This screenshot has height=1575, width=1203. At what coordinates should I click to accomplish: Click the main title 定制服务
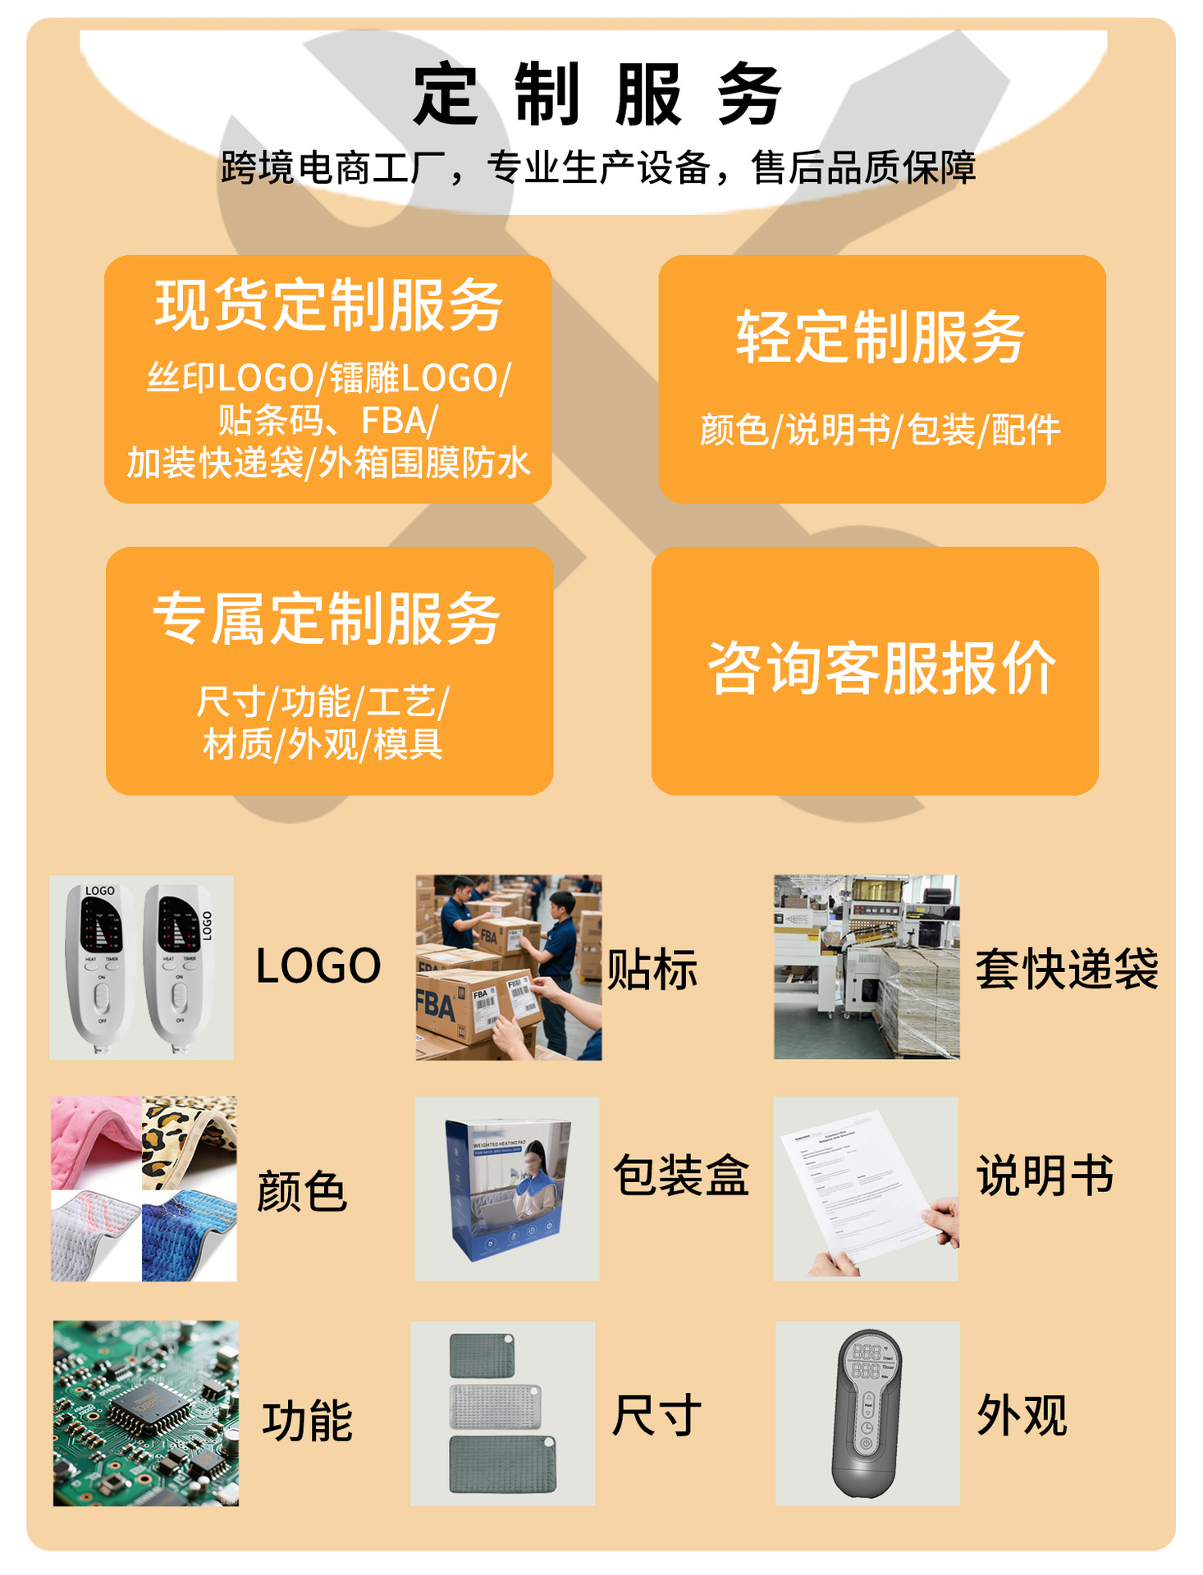pyautogui.click(x=597, y=94)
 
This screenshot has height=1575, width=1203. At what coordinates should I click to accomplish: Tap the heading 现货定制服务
pyautogui.click(x=328, y=305)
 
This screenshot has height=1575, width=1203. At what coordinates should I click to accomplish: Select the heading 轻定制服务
pyautogui.click(x=881, y=336)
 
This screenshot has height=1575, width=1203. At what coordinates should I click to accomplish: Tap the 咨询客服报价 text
pyautogui.click(x=881, y=669)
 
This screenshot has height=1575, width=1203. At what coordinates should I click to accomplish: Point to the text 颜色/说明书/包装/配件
pyautogui.click(x=881, y=430)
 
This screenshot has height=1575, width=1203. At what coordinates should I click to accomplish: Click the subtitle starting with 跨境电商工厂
pyautogui.click(x=598, y=168)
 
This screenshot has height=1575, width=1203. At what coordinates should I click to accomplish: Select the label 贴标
pyautogui.click(x=652, y=969)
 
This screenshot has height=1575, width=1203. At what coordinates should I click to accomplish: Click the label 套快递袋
pyautogui.click(x=1066, y=969)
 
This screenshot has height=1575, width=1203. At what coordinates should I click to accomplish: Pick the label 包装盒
pyautogui.click(x=681, y=1175)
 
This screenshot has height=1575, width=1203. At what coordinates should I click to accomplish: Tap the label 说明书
pyautogui.click(x=1045, y=1175)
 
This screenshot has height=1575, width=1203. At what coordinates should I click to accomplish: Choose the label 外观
pyautogui.click(x=1022, y=1415)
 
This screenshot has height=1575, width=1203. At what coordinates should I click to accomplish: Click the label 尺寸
pyautogui.click(x=656, y=1415)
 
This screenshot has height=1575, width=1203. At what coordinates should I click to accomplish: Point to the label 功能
pyautogui.click(x=308, y=1421)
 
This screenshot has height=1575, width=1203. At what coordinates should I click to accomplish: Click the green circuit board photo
pyautogui.click(x=146, y=1413)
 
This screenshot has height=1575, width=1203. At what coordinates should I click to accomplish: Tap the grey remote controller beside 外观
pyautogui.click(x=867, y=1413)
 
